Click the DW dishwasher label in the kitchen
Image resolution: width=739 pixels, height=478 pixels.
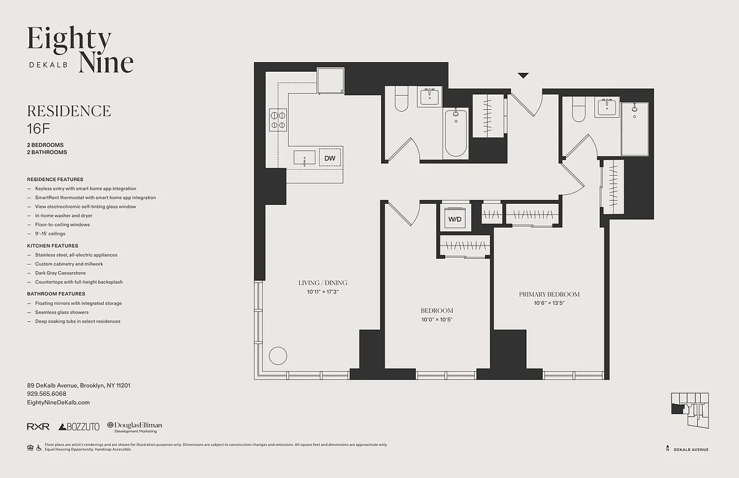click(330, 158)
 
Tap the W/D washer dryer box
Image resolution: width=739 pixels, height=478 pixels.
click(455, 219)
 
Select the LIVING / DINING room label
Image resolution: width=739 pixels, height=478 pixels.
click(323, 283)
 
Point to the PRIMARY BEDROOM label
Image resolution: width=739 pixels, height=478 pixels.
click(549, 294)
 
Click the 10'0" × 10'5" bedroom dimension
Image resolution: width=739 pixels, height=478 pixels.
click(437, 320)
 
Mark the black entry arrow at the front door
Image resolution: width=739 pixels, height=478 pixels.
click(523, 75)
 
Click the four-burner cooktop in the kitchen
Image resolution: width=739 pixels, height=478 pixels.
click(278, 118)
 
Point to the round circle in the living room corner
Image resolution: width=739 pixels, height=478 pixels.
click(278, 356)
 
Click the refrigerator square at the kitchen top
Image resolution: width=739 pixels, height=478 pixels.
click(331, 81)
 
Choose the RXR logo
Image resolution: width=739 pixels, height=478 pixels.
click(38, 427)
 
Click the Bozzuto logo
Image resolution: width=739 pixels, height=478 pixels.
click(79, 427)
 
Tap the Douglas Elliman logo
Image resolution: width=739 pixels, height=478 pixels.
click(134, 427)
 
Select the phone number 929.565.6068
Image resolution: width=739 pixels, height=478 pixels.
click(47, 394)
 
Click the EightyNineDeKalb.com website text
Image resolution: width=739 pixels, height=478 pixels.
click(59, 403)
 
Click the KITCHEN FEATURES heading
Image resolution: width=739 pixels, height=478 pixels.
click(53, 246)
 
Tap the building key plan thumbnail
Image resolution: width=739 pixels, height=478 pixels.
click(690, 410)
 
